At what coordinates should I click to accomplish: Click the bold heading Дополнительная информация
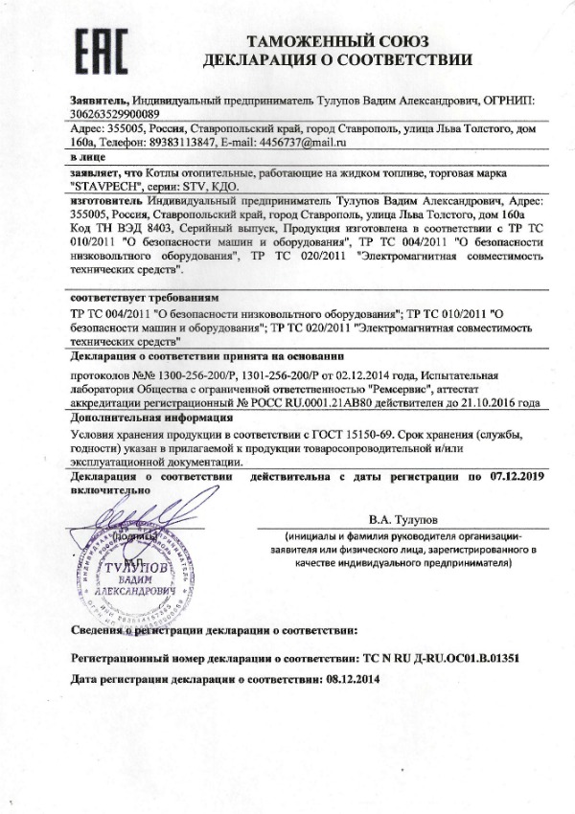pos(137,419)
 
